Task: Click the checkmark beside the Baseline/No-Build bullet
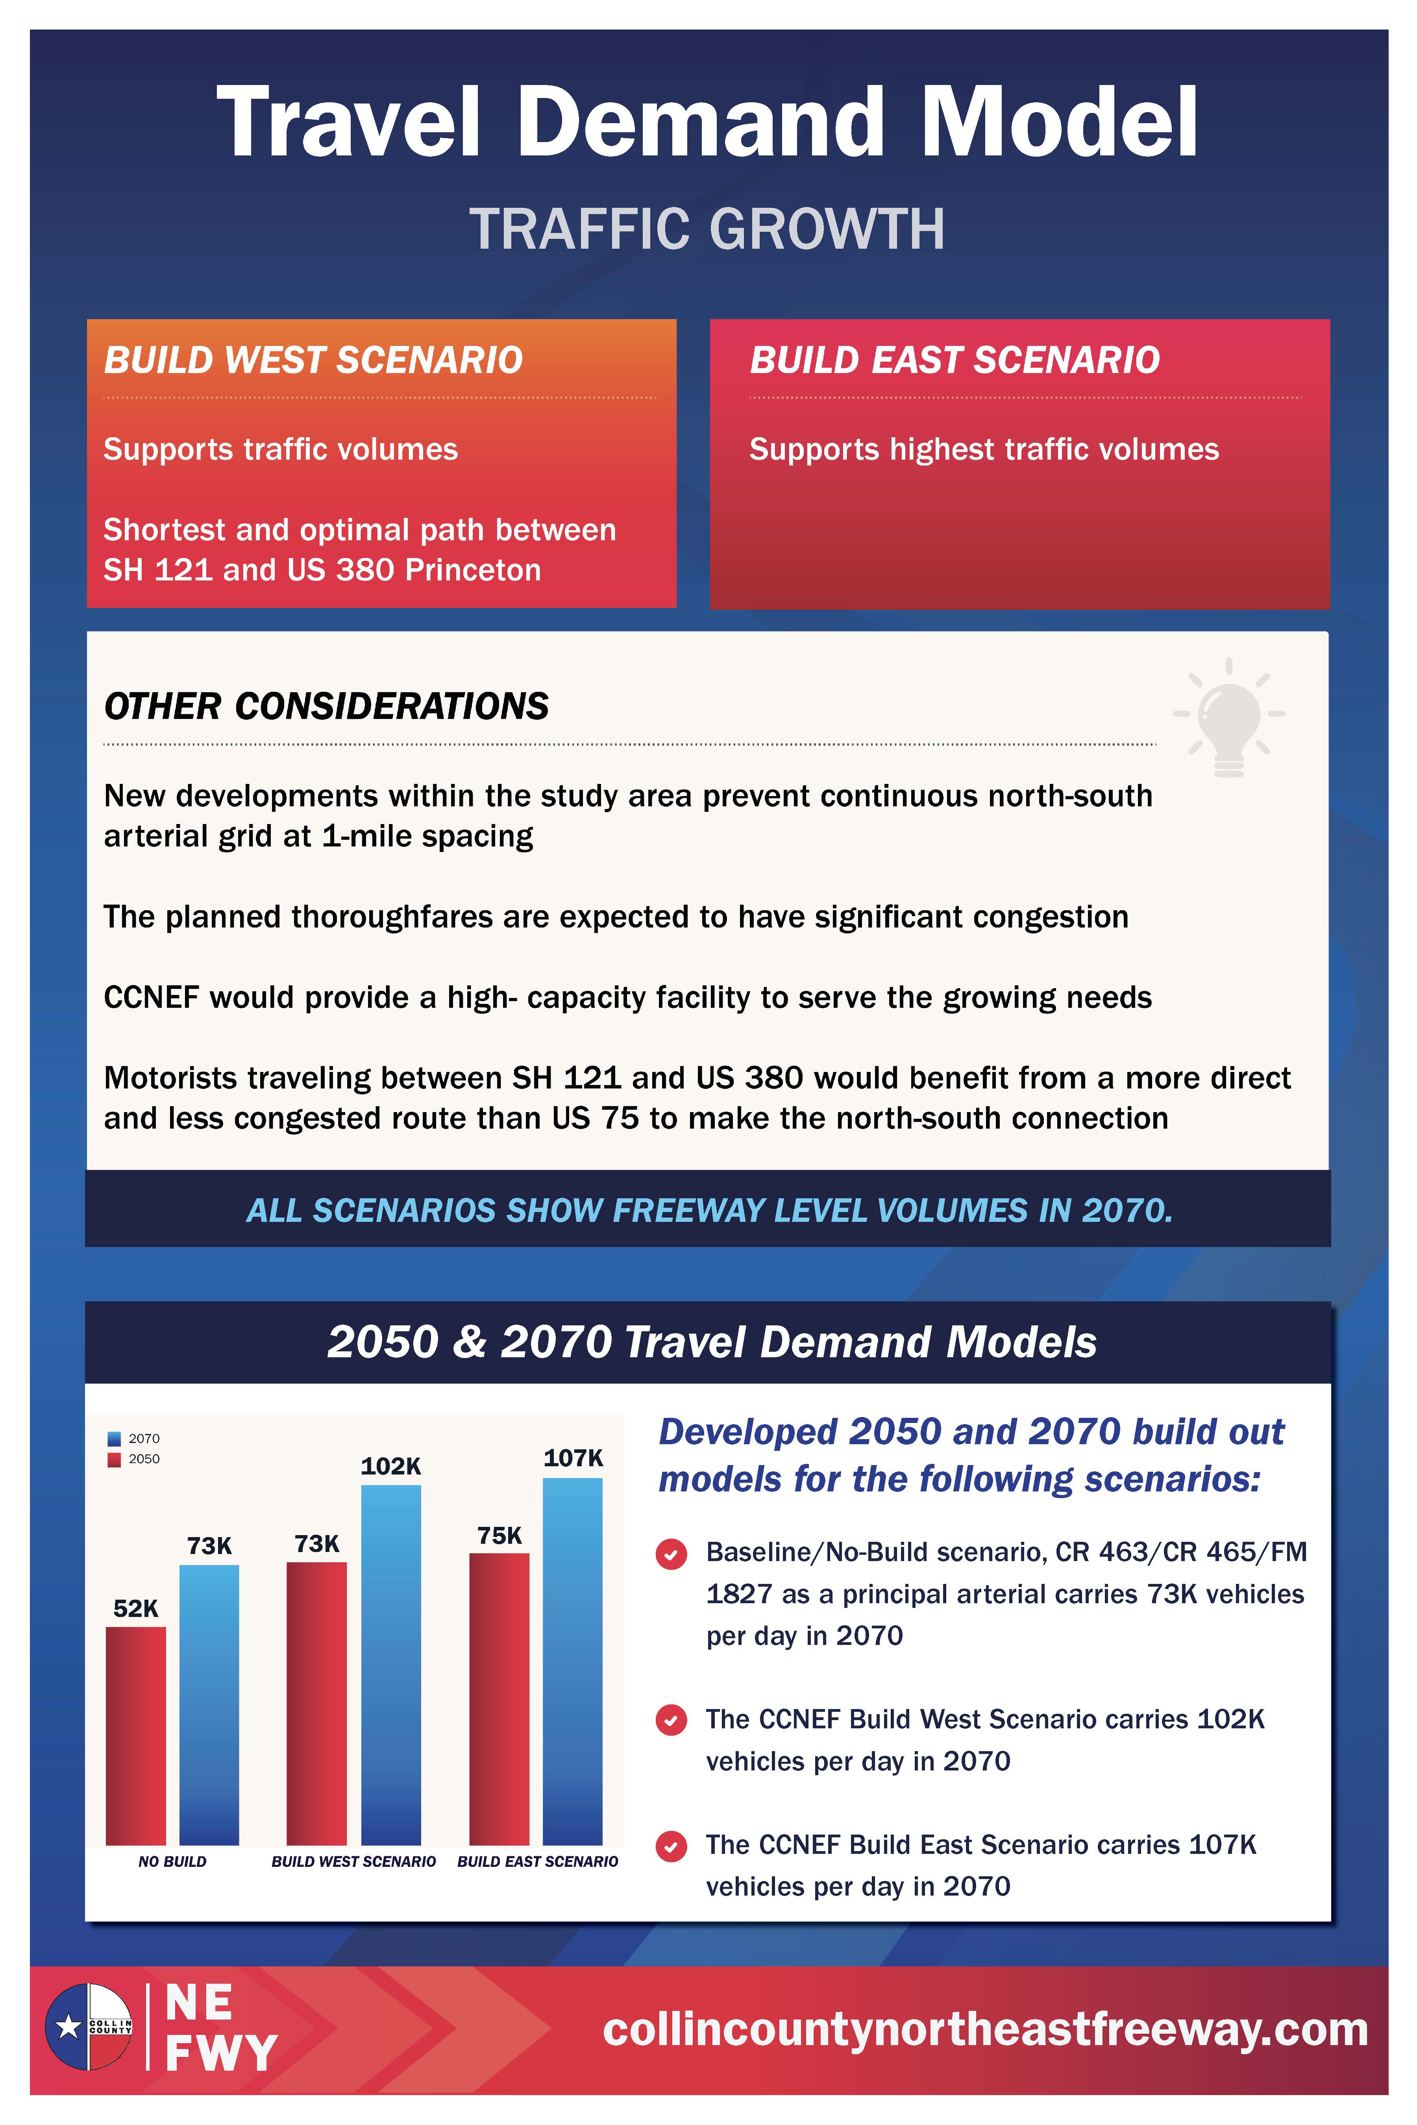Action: [x=671, y=1555]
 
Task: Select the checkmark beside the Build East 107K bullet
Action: [x=671, y=1847]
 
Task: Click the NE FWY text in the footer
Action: [x=220, y=2028]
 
